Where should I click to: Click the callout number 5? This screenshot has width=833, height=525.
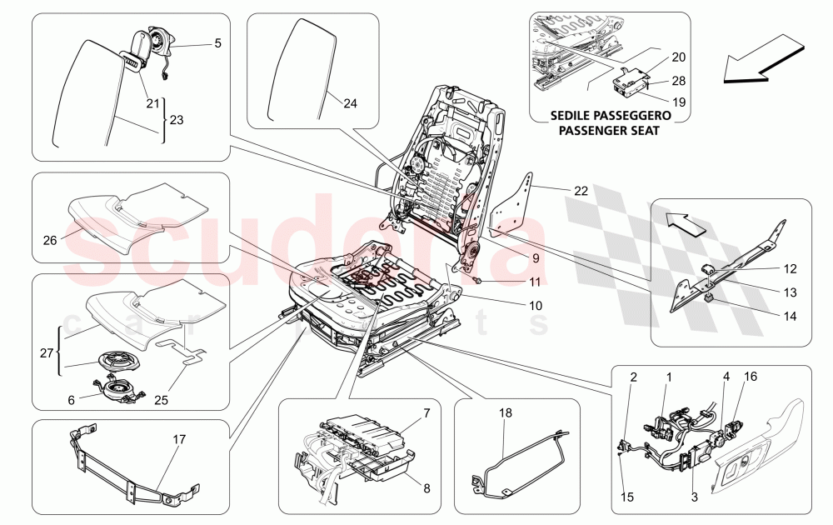coord(217,42)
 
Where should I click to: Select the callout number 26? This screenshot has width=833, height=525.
coord(51,241)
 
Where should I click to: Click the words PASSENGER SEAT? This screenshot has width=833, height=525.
coord(609,131)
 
